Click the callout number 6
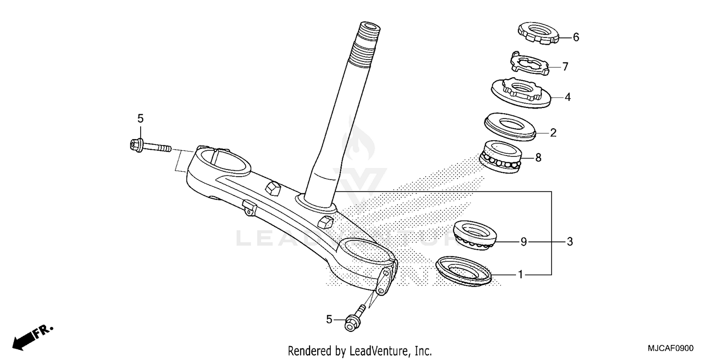[576, 37]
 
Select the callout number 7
[565, 67]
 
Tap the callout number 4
[567, 97]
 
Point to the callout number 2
[553, 132]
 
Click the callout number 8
[538, 157]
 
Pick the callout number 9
[524, 242]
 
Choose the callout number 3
[570, 242]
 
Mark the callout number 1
[520, 275]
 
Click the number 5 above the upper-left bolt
[140, 118]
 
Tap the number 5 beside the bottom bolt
[329, 319]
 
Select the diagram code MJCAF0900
[671, 348]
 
